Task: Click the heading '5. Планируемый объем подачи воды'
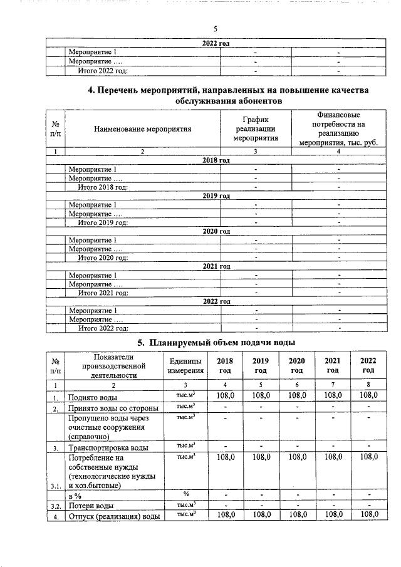216,342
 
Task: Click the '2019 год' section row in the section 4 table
216,196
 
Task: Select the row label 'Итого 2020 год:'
103,257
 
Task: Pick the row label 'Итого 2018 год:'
103,187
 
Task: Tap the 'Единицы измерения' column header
185,366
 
